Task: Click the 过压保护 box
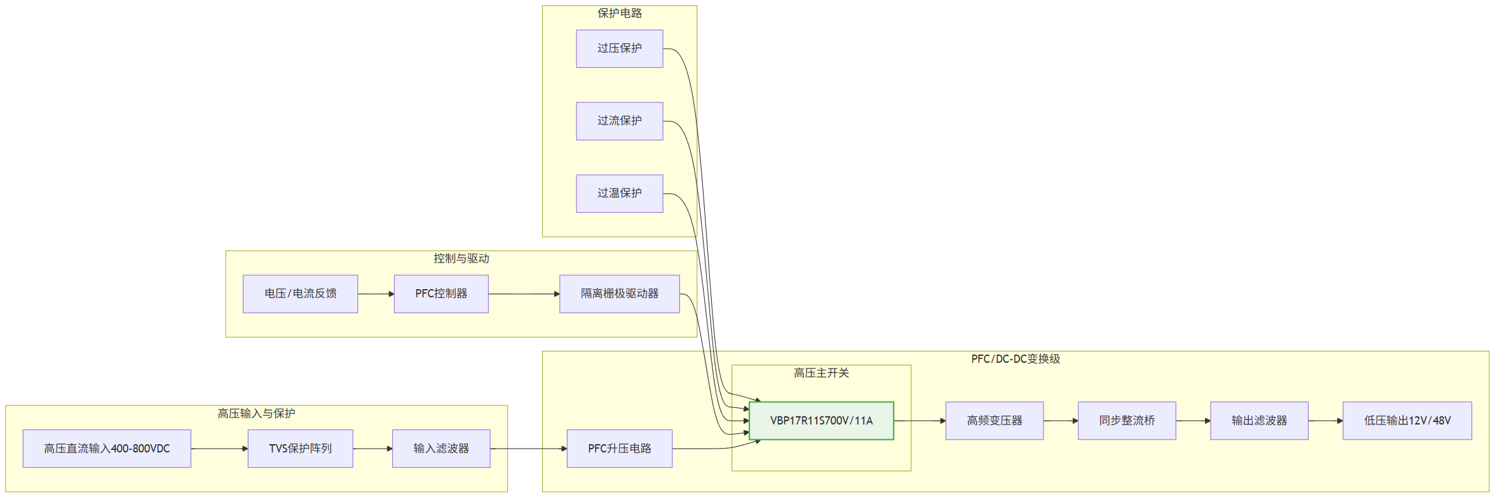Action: (620, 49)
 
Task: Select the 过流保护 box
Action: (620, 121)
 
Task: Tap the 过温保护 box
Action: (620, 194)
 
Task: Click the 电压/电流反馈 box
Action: (301, 294)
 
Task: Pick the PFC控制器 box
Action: (441, 294)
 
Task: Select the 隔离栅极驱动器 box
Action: (620, 294)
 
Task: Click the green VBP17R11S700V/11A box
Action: (822, 421)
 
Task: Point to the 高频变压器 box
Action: (995, 421)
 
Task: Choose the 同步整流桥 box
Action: (1127, 421)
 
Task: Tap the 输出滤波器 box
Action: (1259, 421)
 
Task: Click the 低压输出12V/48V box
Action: (1407, 421)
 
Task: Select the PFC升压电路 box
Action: (620, 449)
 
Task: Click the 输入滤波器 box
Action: (441, 449)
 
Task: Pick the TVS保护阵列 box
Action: (301, 449)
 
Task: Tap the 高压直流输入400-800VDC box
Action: (107, 449)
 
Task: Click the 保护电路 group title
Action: (620, 13)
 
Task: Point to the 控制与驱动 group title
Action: (461, 259)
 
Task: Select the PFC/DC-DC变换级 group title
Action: (1016, 359)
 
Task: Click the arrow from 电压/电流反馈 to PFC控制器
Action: (376, 294)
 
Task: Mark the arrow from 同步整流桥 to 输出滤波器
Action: (1193, 421)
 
